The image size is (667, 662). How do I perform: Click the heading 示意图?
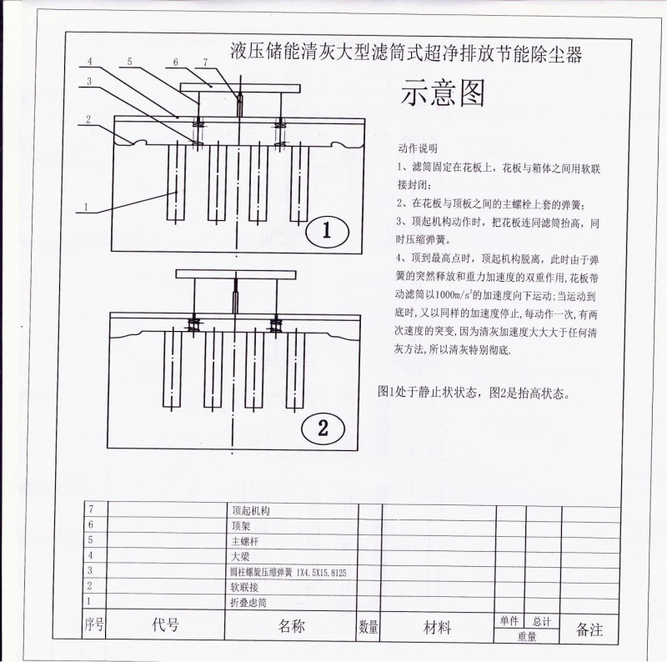tap(443, 94)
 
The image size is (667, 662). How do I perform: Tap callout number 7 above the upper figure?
tap(205, 63)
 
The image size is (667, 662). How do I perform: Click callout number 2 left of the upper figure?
tap(88, 119)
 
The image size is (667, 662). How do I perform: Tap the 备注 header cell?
tap(589, 629)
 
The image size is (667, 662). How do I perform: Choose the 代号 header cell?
tap(166, 626)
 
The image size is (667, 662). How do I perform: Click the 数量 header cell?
tap(369, 627)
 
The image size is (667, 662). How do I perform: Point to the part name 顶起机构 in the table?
tap(251, 509)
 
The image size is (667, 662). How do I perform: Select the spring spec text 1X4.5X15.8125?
tap(324, 572)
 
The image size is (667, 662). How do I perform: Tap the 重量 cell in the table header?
tap(526, 636)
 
